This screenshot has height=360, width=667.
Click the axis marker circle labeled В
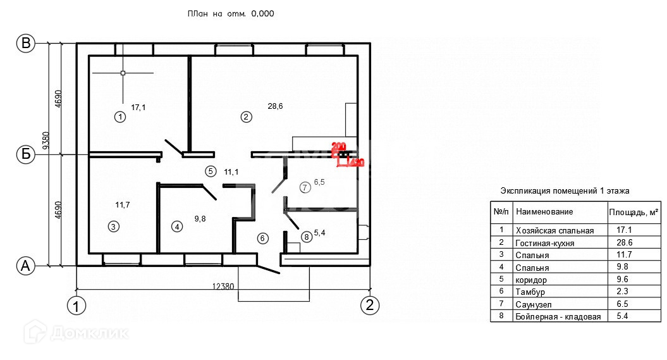(26, 43)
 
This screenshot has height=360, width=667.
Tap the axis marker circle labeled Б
(26, 154)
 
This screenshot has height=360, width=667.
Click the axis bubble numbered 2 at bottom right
(370, 305)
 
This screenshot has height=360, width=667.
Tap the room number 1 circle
(119, 116)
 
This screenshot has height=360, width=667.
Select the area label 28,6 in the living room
(275, 106)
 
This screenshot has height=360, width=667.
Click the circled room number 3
(113, 226)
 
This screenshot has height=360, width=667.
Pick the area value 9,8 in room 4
(200, 218)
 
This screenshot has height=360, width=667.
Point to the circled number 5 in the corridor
(211, 171)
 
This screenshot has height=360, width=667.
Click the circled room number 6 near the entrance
(263, 238)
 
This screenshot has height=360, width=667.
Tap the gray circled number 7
(305, 187)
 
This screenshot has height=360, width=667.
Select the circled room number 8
(307, 237)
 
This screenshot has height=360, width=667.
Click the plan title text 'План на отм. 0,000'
(231, 13)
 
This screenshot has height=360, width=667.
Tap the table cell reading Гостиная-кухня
(545, 243)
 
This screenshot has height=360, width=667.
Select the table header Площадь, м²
(633, 211)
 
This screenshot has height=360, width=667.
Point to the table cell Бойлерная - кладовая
(558, 316)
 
